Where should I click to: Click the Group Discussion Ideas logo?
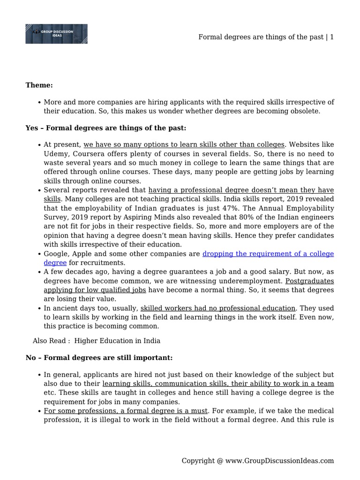point(56,34)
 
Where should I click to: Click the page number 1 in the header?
point(332,37)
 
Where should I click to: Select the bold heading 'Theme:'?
point(39,85)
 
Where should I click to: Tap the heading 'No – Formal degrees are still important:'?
point(99,358)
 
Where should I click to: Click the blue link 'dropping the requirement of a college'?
point(268,254)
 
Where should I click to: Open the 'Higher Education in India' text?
point(117,341)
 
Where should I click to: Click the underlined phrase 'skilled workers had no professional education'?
point(218,308)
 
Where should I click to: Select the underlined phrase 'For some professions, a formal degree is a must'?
point(126,411)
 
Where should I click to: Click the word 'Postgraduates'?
point(309,281)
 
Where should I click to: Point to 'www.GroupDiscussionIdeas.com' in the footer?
point(280,461)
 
